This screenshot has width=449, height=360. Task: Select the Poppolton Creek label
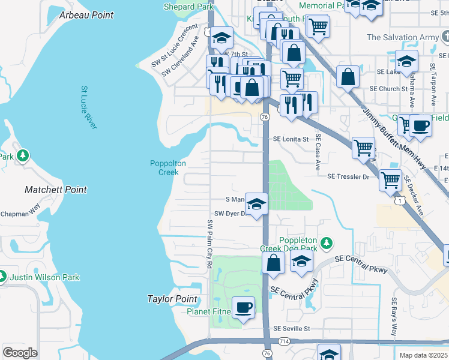pos(168,167)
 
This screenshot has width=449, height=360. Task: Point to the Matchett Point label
pos(56,190)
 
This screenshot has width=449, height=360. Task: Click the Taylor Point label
pos(173,299)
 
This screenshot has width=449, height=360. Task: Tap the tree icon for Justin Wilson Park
pos(2,277)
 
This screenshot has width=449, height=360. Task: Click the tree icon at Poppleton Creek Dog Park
pos(326,243)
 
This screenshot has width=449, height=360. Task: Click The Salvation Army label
pos(403,37)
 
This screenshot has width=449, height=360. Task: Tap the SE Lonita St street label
pos(291,139)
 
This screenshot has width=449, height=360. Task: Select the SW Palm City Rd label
pos(209,244)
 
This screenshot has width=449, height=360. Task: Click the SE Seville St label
pos(292,328)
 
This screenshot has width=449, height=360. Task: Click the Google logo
pos(20,353)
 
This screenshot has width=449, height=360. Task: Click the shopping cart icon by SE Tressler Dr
pos(391,179)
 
